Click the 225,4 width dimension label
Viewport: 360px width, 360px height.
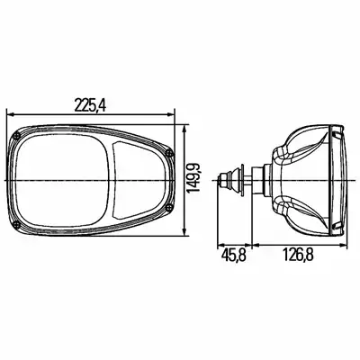90,105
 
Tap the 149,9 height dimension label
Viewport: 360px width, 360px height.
192,178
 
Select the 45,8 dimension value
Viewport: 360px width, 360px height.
234,256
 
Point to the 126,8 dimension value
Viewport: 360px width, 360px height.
298,256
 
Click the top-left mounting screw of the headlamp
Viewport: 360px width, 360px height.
17,137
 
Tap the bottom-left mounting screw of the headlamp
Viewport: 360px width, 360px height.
17,225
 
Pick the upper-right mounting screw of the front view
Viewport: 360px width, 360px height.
170,152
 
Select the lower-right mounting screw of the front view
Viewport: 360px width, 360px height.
170,208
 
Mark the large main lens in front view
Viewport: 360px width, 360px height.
61,181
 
